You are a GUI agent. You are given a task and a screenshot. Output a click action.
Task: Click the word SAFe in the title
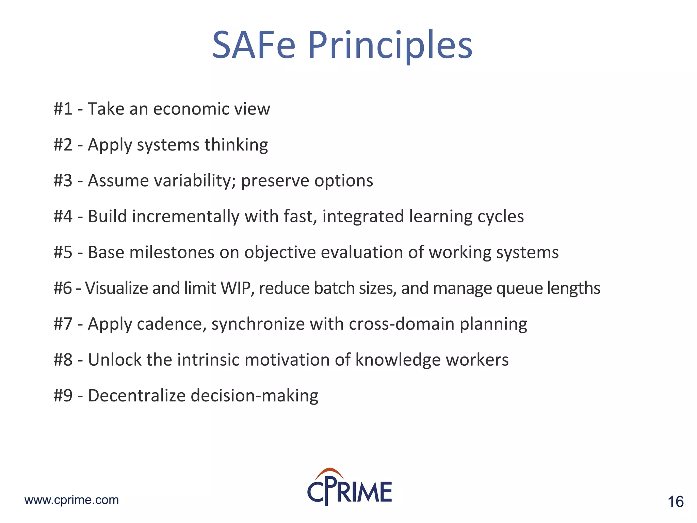click(x=254, y=45)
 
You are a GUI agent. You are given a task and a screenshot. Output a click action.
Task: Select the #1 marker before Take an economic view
click(x=63, y=109)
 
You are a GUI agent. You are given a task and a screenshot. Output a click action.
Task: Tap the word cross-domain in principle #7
click(x=402, y=324)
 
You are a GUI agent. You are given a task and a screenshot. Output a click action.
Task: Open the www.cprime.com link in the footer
click(x=72, y=500)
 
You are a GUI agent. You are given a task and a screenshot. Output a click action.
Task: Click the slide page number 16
click(x=676, y=502)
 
